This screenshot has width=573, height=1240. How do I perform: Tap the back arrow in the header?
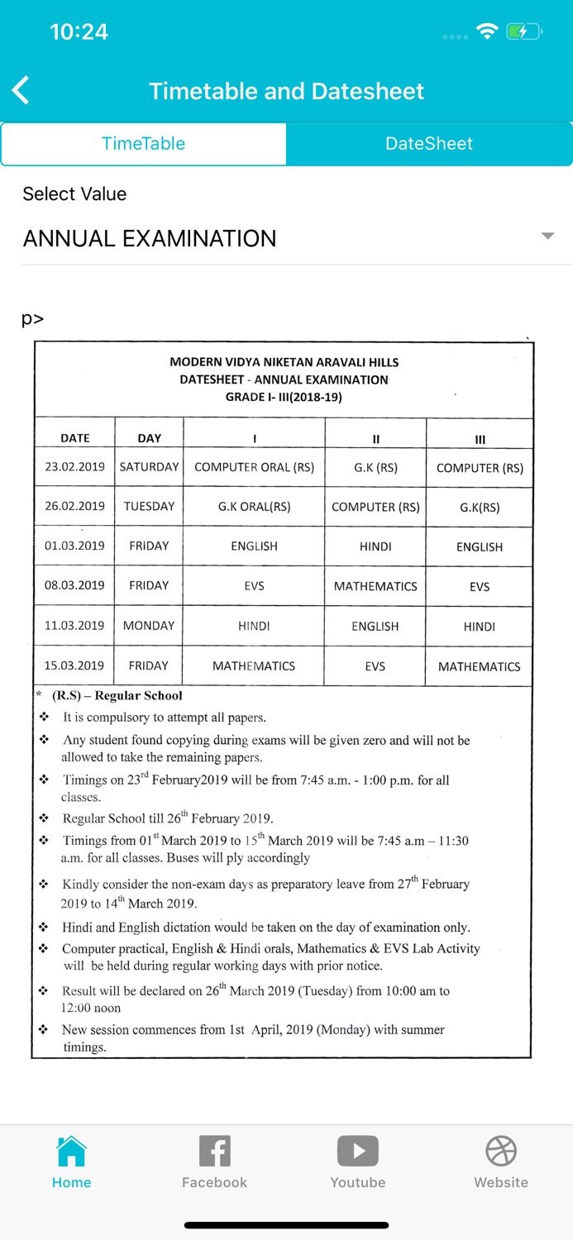(21, 90)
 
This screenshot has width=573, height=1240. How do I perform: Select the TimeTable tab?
(143, 144)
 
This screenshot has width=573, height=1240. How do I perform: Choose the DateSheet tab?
(429, 144)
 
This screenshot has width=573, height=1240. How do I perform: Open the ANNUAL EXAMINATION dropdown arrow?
(547, 236)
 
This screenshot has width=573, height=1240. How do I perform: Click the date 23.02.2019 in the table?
(74, 467)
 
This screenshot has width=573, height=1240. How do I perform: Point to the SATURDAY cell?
(149, 467)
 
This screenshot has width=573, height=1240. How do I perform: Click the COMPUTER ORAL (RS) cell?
(254, 467)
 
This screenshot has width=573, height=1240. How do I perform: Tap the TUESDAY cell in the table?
(149, 506)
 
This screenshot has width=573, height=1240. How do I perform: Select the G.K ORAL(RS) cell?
(254, 507)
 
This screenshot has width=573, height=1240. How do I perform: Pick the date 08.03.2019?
(74, 585)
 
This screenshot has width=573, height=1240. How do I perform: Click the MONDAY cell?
(149, 626)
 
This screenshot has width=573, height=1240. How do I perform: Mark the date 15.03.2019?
(74, 665)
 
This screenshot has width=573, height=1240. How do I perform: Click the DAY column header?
(149, 438)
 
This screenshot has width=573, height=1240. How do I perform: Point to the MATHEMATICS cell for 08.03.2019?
(375, 586)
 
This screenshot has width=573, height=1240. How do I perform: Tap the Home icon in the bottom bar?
(71, 1151)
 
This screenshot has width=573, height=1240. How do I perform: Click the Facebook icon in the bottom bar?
(214, 1151)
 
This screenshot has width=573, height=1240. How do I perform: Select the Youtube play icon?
(357, 1151)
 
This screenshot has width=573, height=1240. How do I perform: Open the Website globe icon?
(501, 1151)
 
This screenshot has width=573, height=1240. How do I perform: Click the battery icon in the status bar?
(523, 32)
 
